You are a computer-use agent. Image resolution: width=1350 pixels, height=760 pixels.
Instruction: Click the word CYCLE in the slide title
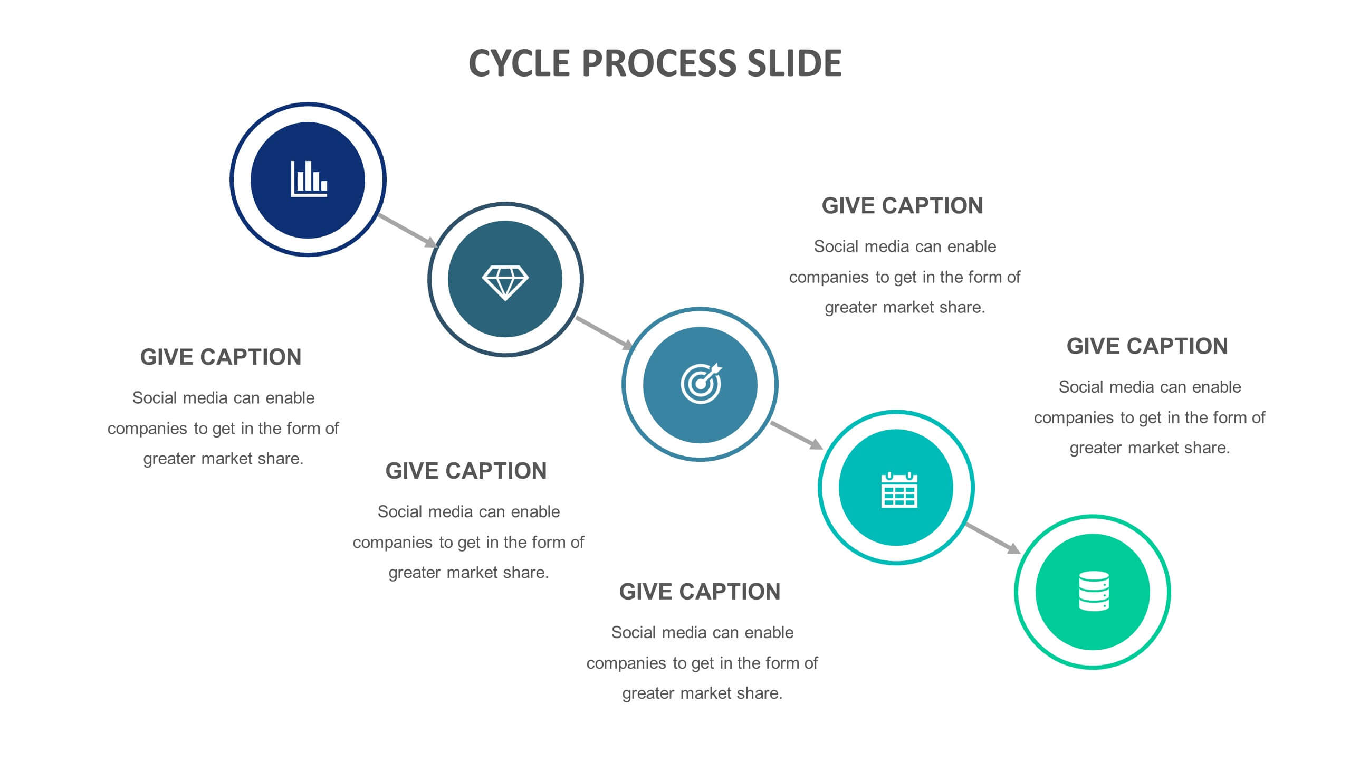[519, 63]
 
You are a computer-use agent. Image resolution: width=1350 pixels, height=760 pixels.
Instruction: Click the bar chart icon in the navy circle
[309, 179]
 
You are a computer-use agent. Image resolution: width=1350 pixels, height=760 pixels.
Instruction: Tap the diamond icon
[505, 283]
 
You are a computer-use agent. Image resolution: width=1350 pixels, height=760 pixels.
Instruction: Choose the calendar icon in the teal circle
[899, 490]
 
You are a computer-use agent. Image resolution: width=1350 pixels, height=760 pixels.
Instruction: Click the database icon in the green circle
[1094, 591]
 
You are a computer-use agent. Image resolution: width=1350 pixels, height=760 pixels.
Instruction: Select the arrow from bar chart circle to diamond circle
[408, 231]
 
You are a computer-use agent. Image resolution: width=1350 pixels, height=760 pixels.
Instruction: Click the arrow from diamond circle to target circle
[605, 333]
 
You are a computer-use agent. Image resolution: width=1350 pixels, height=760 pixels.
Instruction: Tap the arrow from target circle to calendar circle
[797, 435]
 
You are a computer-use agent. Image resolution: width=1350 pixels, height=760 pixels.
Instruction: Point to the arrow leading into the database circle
[993, 538]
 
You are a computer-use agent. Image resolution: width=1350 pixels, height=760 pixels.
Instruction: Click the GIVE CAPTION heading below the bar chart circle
[221, 357]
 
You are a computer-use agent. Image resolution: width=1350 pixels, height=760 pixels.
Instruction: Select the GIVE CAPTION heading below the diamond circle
[466, 471]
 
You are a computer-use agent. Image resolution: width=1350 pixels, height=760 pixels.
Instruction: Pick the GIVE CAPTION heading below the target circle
[700, 592]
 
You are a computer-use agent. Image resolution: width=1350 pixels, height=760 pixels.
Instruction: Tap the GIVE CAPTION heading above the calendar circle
[902, 206]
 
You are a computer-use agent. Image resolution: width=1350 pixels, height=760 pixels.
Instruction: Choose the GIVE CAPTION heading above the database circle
[1147, 347]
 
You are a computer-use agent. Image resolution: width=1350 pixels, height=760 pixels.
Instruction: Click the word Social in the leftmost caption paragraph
[155, 398]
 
